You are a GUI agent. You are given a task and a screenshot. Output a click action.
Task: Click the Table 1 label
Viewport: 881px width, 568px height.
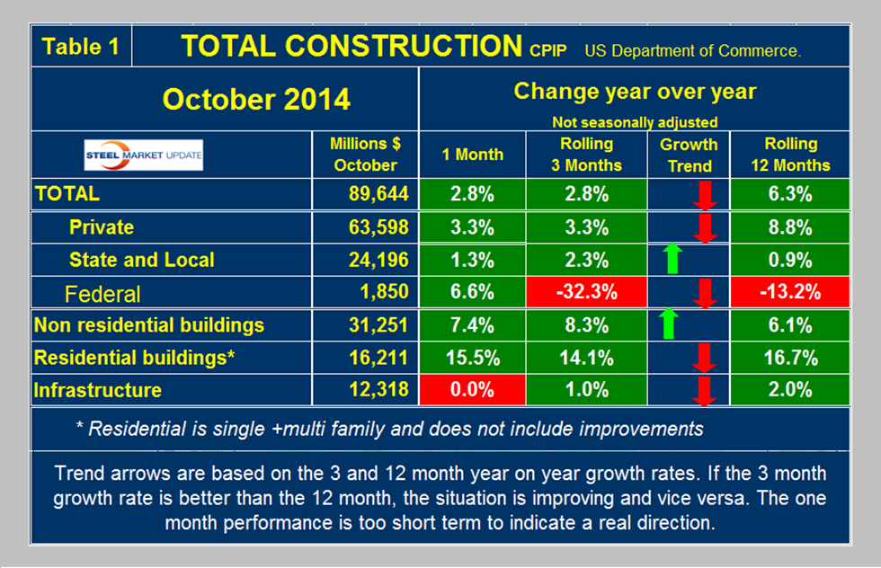tap(81, 46)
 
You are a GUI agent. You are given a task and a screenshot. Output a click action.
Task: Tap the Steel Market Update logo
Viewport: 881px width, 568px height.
tap(144, 155)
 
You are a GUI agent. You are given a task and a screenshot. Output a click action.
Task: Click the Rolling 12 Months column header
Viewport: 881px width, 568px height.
tap(790, 154)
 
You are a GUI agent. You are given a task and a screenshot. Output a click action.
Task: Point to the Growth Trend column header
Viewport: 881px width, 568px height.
tap(689, 155)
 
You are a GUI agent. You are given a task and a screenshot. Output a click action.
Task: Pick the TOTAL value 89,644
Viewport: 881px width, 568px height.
tap(377, 193)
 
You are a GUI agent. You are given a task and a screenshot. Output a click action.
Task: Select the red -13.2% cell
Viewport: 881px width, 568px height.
tap(790, 293)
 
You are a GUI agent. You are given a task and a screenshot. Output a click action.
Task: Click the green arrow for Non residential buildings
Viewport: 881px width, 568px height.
tap(667, 324)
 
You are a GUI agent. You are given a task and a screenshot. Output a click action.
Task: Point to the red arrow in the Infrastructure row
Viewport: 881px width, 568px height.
tap(705, 390)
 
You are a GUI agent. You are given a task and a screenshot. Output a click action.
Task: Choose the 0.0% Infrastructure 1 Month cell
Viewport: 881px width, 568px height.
tap(471, 390)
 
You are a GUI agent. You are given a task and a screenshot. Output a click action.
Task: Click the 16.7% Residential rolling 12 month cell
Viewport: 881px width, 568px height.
tap(790, 358)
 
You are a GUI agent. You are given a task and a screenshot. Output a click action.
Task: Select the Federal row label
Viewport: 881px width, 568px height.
tap(102, 294)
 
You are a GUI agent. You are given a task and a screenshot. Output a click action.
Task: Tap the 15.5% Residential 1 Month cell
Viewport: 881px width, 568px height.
tap(471, 358)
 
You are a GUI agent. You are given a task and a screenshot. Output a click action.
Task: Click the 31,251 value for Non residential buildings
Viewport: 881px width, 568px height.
tap(377, 325)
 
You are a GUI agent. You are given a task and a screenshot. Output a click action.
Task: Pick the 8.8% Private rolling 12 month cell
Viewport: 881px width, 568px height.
tap(790, 226)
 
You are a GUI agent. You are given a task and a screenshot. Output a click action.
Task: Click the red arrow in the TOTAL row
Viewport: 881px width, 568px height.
tap(705, 193)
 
